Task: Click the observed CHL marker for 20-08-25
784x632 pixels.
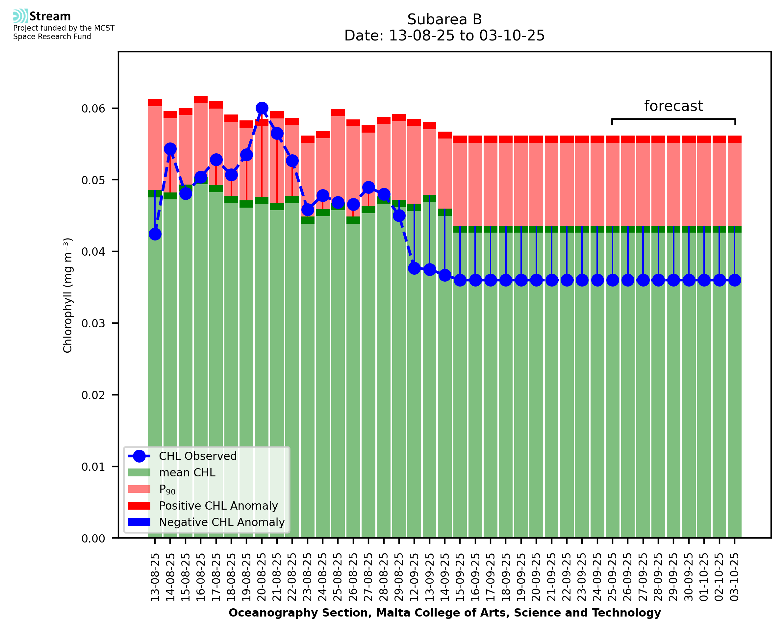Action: point(262,108)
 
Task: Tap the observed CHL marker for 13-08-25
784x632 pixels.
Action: point(155,234)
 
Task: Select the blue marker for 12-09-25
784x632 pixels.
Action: point(414,268)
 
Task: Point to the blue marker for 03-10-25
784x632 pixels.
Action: point(735,280)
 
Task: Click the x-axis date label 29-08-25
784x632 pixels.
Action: point(399,577)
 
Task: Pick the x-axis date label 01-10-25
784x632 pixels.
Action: point(704,577)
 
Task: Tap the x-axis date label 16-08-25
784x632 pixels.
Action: point(201,577)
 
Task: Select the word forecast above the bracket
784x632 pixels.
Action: point(673,106)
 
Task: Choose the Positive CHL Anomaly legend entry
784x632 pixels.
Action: point(218,506)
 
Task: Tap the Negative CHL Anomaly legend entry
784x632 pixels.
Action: point(221,522)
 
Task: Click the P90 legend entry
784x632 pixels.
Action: point(167,489)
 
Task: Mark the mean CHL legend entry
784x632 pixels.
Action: point(187,472)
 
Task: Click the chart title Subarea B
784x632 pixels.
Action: point(444,19)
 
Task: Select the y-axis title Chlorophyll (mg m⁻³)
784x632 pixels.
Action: point(68,295)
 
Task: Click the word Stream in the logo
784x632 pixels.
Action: point(50,16)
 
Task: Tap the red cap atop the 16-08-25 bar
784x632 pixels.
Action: point(201,99)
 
